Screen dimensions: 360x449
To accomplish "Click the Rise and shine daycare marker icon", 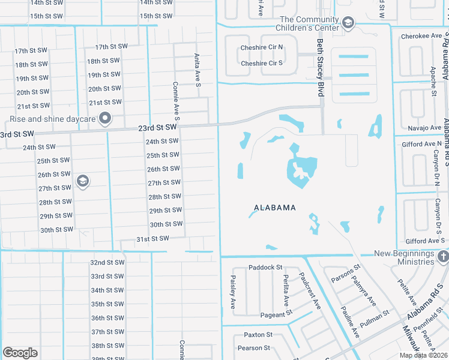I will click(x=106, y=118).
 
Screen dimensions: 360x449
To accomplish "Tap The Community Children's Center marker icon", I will click(x=347, y=23).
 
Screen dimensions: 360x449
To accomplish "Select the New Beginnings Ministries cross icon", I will click(x=443, y=257).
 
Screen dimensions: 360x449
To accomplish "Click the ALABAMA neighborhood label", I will click(x=274, y=208).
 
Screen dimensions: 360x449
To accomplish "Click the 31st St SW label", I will click(x=152, y=238).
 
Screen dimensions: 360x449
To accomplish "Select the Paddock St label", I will click(x=265, y=268).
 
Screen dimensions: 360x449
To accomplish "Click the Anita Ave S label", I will click(x=197, y=67).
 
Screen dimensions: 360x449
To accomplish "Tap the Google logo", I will click(x=20, y=352).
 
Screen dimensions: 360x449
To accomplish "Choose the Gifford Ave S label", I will click(x=424, y=241).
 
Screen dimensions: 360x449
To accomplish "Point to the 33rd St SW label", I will click(x=107, y=277).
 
